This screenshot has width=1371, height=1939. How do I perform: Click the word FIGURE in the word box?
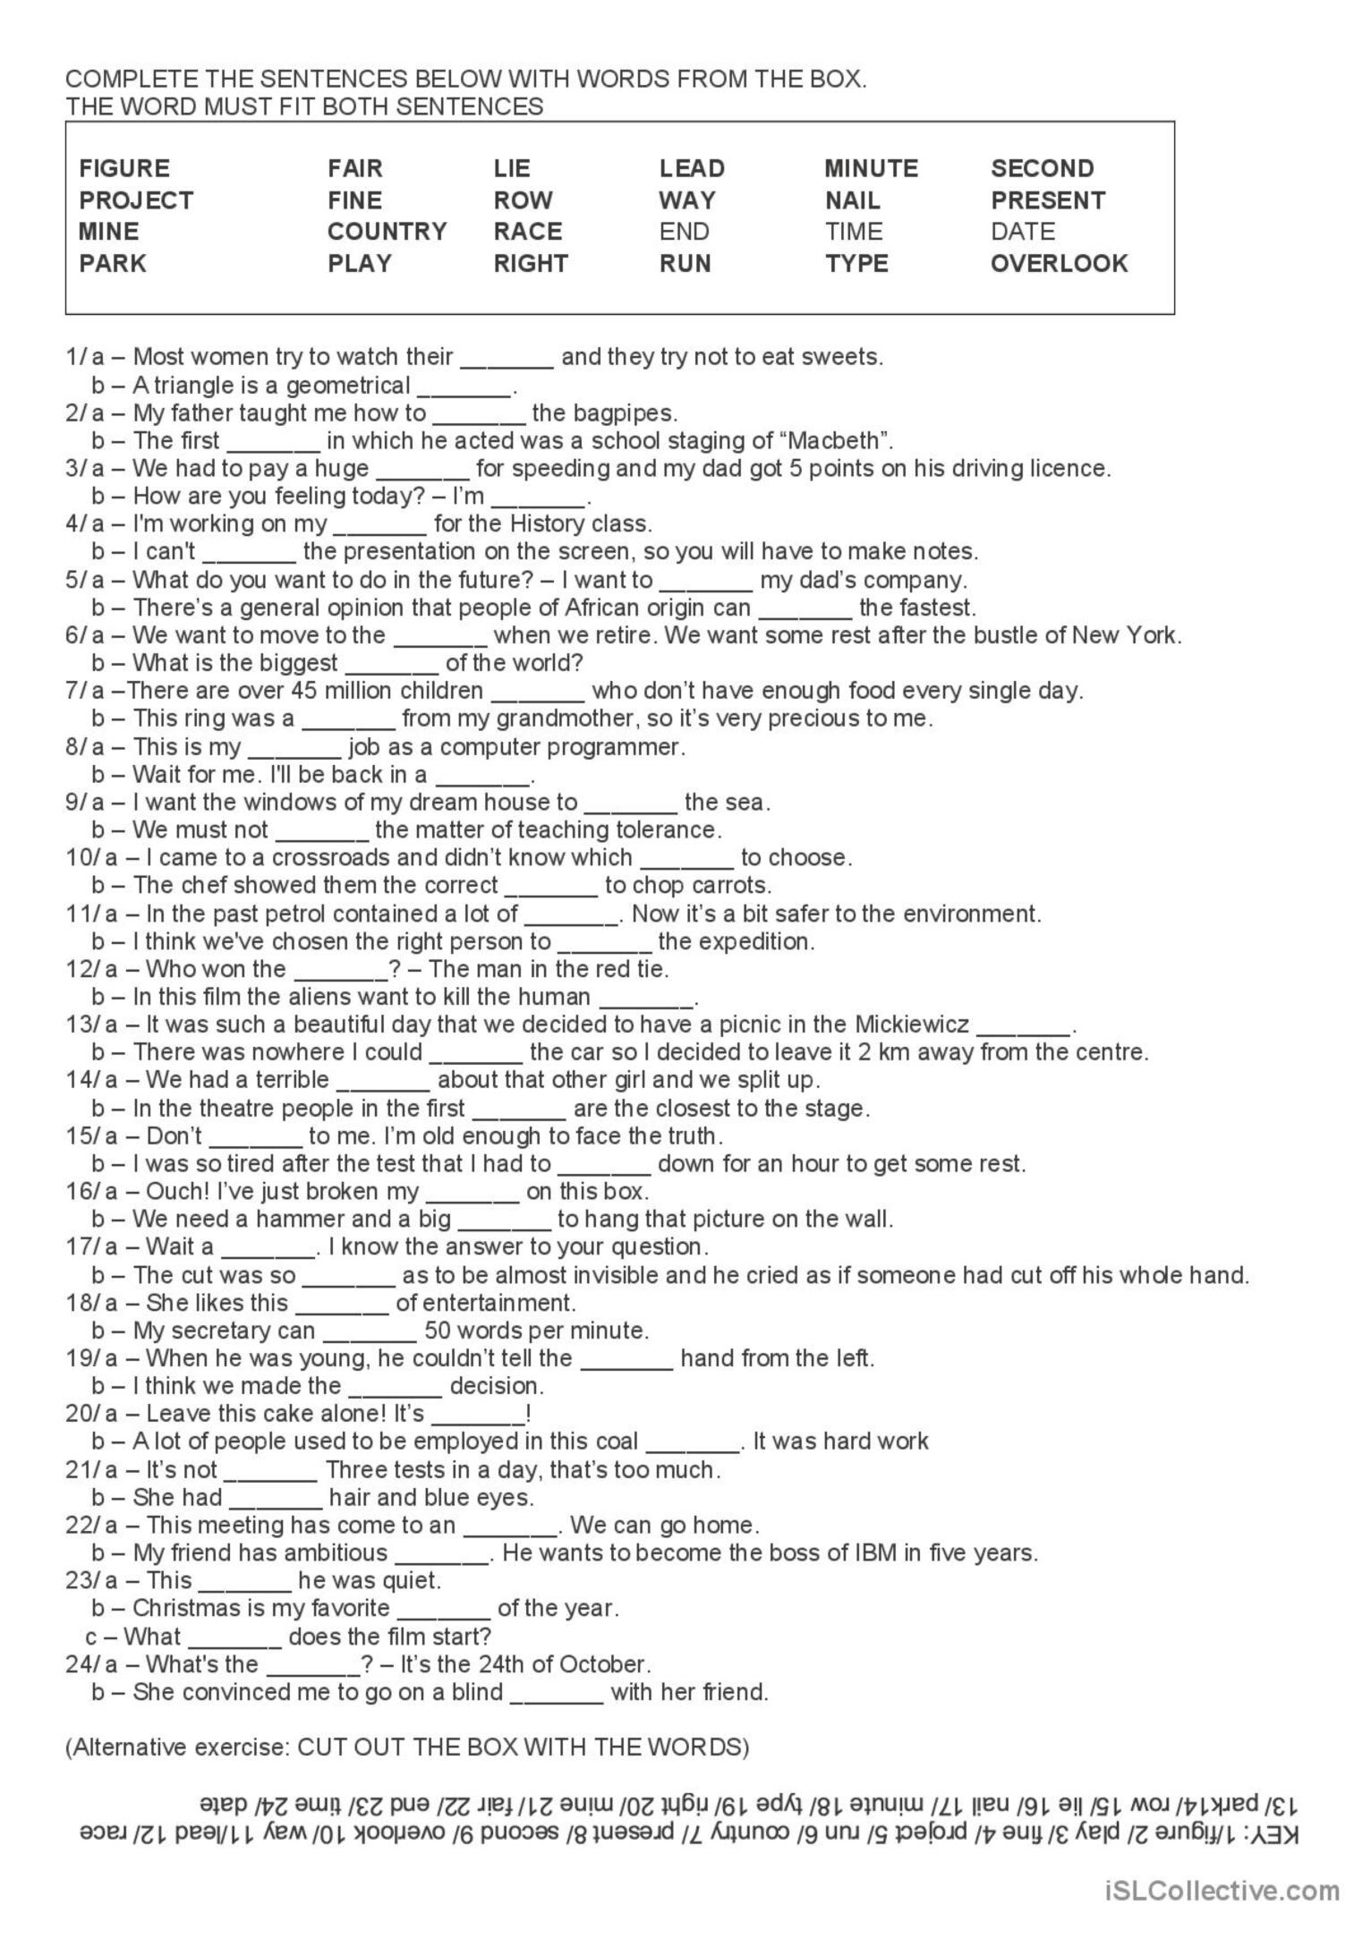123,168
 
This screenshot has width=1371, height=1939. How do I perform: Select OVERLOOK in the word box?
1059,263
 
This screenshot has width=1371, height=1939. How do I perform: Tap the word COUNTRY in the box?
387,232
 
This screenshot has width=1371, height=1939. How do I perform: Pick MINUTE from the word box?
871,168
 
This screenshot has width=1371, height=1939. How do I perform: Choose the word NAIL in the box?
852,200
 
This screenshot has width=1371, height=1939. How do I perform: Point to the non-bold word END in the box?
684,232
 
